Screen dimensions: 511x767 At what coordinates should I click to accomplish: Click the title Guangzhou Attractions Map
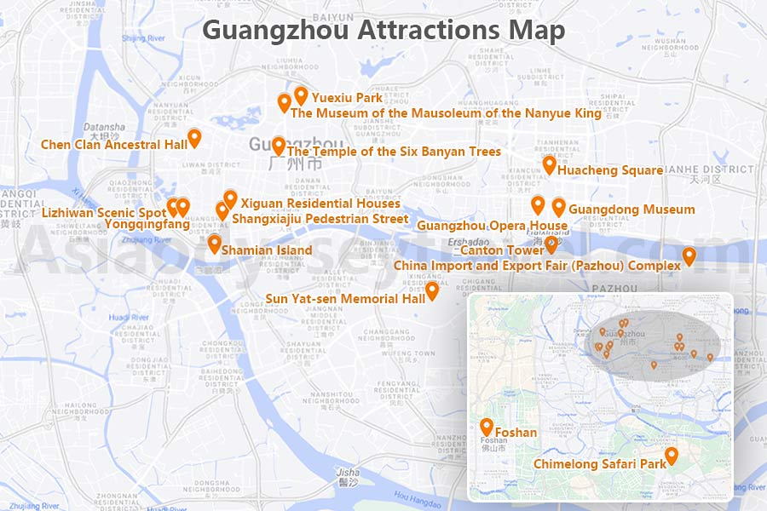[x=383, y=31]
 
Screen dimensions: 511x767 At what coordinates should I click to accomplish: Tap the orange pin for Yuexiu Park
[x=300, y=95]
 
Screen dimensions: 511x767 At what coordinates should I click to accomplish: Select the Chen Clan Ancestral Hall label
[x=114, y=145]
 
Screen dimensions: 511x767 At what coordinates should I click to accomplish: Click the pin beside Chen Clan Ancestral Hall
[x=194, y=137]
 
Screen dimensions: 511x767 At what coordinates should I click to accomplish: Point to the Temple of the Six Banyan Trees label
[x=395, y=152]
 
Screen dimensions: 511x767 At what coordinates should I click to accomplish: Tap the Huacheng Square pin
[x=550, y=164]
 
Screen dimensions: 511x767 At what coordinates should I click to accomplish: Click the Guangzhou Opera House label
[x=492, y=226]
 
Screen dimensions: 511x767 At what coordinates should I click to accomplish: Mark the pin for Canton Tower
[x=551, y=245]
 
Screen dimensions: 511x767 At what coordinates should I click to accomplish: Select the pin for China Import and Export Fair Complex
[x=689, y=255]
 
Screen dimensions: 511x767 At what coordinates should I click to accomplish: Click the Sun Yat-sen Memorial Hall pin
[x=432, y=291]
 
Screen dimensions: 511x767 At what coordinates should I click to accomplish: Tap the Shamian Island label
[x=266, y=250]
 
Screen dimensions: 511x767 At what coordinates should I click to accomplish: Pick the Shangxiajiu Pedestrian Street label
[x=320, y=219]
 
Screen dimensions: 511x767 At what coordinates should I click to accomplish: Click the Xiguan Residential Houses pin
[x=230, y=199]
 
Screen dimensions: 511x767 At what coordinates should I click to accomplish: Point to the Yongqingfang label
[x=147, y=224]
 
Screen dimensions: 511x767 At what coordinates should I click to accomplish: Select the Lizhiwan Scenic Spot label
[x=104, y=212]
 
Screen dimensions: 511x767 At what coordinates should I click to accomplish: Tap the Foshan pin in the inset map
[x=487, y=427]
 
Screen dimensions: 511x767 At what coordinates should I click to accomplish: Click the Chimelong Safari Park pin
[x=672, y=456]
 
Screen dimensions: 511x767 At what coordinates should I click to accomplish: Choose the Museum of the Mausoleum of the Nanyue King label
[x=446, y=113]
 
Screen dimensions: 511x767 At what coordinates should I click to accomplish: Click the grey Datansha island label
[x=104, y=127]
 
